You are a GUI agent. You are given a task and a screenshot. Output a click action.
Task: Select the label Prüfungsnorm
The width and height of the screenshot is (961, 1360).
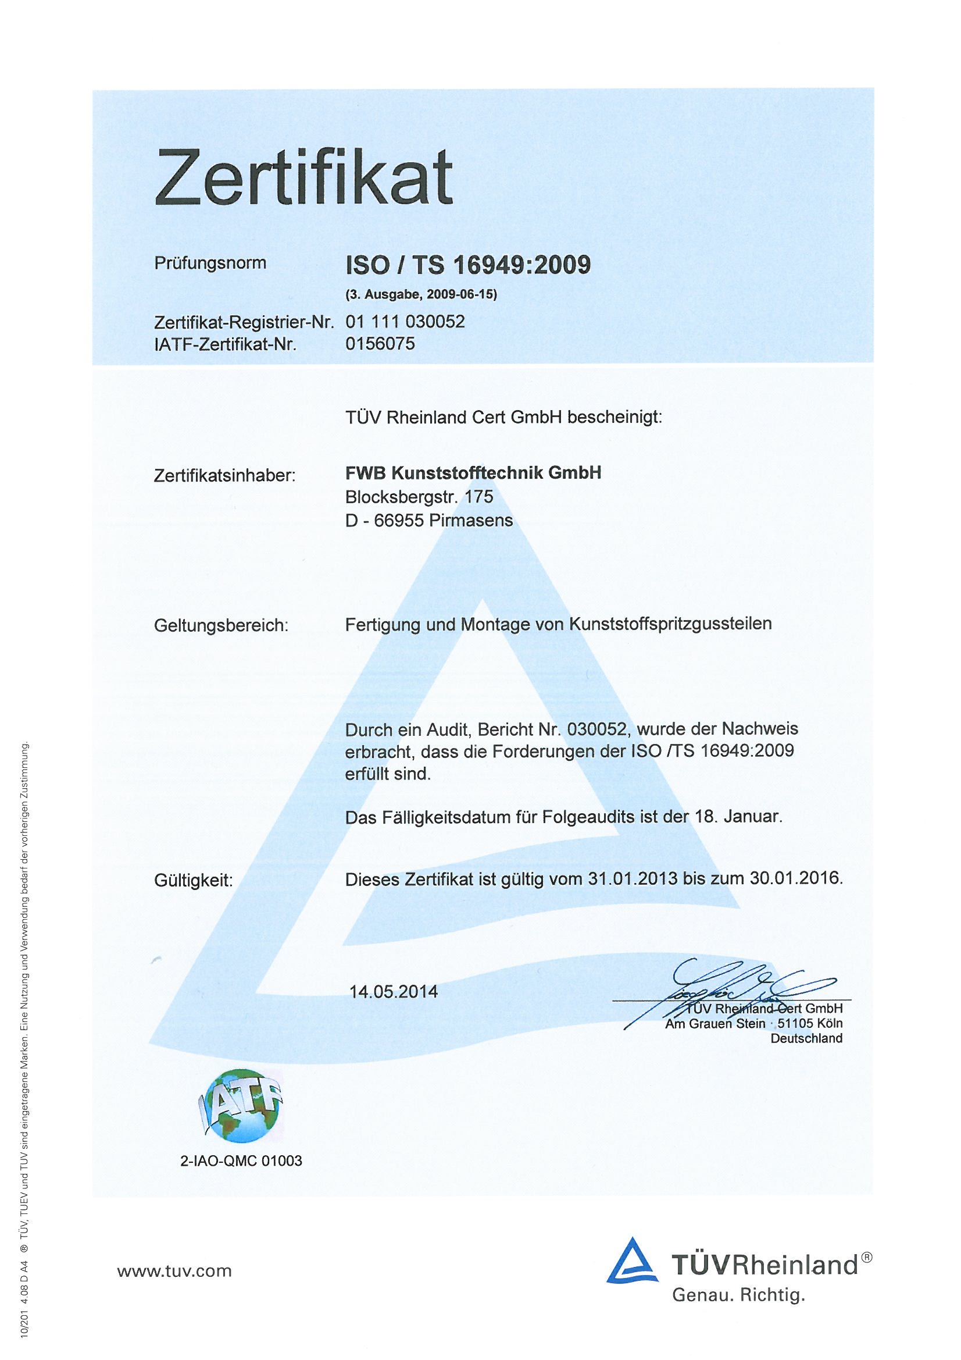(x=210, y=263)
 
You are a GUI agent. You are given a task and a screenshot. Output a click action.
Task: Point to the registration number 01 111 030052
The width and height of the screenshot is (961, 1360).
(x=405, y=322)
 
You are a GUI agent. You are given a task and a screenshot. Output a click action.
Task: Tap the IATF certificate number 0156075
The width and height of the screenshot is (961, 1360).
(x=380, y=344)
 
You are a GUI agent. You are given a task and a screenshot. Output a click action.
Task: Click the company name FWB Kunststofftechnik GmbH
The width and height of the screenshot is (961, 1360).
(x=473, y=473)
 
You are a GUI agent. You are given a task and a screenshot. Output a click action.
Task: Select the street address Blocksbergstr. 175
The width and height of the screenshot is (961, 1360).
(x=419, y=496)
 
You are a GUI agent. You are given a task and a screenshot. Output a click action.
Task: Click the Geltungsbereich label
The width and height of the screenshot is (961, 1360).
(x=221, y=625)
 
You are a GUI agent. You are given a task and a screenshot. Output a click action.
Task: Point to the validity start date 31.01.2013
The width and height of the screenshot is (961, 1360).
(x=633, y=878)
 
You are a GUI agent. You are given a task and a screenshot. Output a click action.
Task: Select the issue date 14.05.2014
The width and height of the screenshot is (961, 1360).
(x=394, y=992)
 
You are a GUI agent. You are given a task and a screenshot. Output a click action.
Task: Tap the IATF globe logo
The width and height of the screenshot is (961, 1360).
(x=239, y=1107)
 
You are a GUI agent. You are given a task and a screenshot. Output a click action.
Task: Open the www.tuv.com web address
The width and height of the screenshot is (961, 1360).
(x=174, y=1270)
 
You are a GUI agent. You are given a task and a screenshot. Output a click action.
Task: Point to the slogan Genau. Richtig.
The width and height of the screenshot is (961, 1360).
(x=738, y=1295)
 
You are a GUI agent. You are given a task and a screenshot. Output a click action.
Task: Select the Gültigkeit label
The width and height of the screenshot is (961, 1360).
(x=194, y=881)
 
